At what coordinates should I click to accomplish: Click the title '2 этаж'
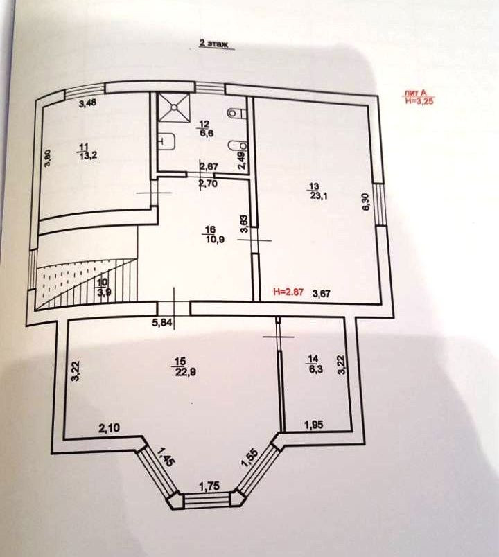point(214,42)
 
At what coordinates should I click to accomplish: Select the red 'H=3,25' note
point(420,100)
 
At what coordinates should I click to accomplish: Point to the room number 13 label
point(314,186)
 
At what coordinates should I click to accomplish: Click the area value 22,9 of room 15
point(182,368)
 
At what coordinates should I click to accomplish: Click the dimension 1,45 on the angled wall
point(166,457)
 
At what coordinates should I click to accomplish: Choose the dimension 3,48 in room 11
point(87,104)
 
